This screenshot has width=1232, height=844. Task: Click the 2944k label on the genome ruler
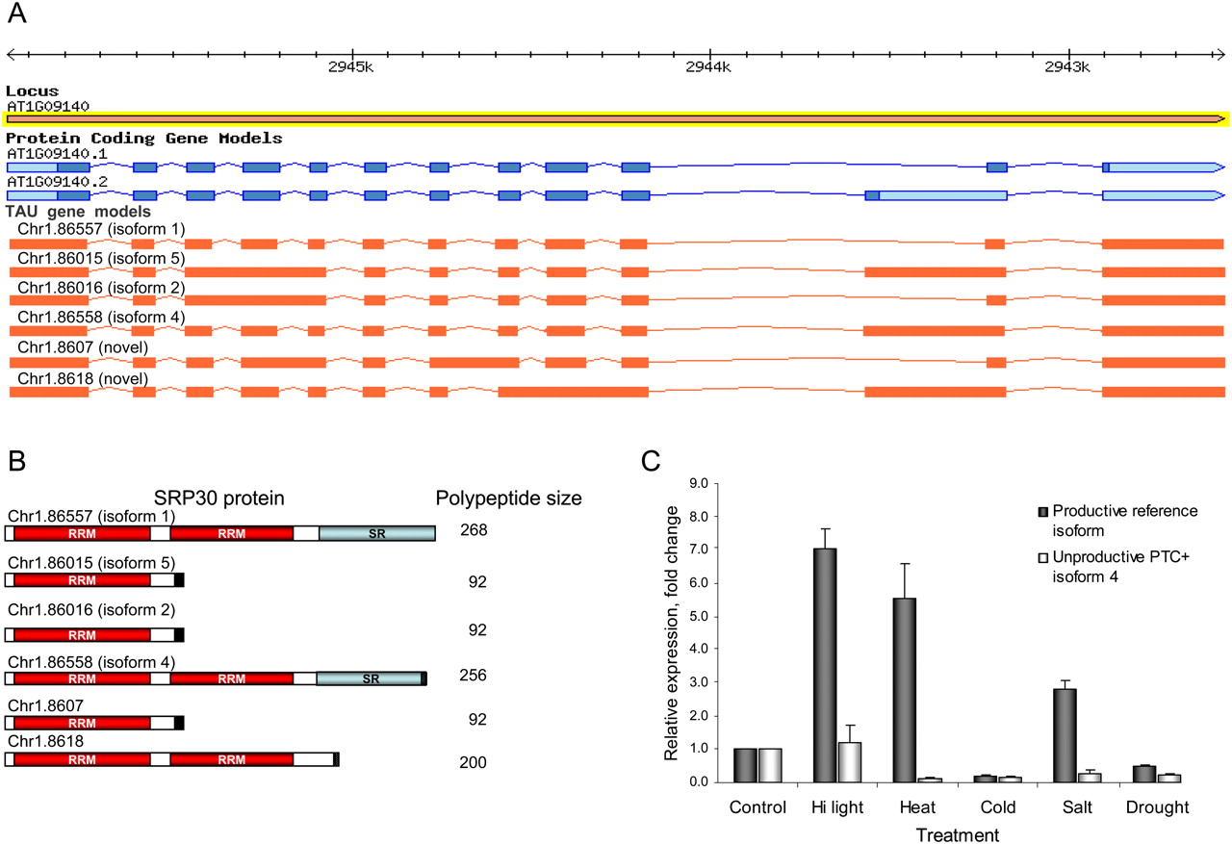coord(707,67)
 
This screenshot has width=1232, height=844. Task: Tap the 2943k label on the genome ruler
coord(1067,67)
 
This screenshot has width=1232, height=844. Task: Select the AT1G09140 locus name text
coord(48,106)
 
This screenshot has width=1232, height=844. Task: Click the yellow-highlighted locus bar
coord(616,118)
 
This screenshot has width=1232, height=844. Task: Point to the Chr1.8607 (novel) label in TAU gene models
coord(83,347)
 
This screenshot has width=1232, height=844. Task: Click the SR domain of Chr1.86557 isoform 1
coord(377,533)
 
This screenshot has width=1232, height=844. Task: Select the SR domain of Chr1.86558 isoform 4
coord(371,679)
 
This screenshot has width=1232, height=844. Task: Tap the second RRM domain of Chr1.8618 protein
coord(232,759)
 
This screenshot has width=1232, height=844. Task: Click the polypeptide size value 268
coord(474,530)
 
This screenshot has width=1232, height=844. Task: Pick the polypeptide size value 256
coord(473,676)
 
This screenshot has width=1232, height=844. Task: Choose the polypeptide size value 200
coord(473,762)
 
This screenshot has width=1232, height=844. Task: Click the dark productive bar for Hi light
coord(825,665)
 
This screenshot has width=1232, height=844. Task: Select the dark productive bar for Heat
coord(905,690)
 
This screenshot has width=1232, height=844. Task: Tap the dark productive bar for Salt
coord(1065,735)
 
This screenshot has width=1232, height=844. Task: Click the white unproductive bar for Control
coord(770,765)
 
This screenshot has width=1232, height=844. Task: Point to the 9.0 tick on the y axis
coord(699,483)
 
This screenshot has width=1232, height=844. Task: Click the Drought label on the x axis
coord(1157,807)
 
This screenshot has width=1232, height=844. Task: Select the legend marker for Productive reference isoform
coord(1042,512)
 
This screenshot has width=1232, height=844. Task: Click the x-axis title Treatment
coord(957,834)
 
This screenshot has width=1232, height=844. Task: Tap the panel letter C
coord(650,461)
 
